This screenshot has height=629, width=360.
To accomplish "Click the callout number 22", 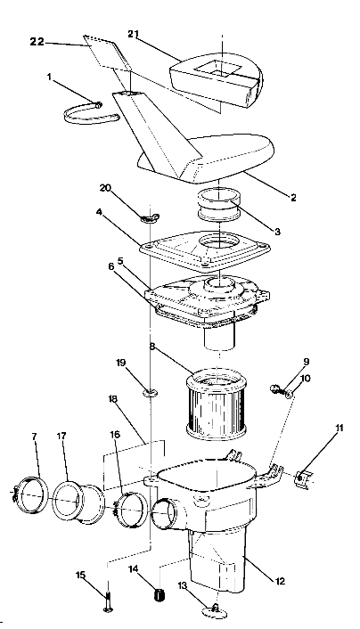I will pyautogui.click(x=37, y=41).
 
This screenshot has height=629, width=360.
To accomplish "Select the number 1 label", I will pyautogui.click(x=48, y=76).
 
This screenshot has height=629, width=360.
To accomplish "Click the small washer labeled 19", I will pyautogui.click(x=148, y=389).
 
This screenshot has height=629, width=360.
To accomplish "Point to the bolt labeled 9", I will pyautogui.click(x=278, y=388).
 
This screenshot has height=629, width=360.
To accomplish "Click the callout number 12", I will pyautogui.click(x=281, y=581).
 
